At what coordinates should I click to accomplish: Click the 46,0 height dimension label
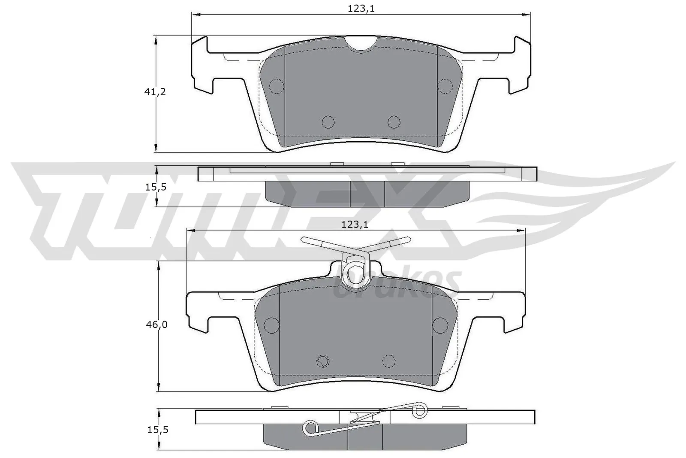coord(156,325)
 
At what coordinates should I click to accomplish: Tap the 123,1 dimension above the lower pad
coord(355,224)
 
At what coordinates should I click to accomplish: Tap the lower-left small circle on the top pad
coord(328,122)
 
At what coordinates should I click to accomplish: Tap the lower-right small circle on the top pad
coord(394,122)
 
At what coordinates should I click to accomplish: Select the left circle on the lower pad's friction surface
coord(271,325)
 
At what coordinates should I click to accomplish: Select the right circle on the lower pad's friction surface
coord(440,325)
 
